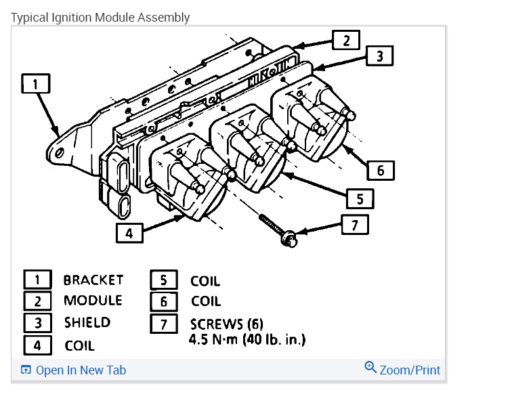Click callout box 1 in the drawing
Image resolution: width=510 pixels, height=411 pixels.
36,83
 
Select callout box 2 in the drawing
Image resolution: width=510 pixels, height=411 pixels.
346,40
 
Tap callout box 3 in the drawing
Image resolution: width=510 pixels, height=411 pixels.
380,56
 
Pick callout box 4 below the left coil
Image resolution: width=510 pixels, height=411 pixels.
129,233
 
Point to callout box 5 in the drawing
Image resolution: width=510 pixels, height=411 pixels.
360,198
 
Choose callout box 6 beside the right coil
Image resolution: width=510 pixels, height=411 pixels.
381,170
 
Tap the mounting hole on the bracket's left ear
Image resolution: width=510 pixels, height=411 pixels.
60,153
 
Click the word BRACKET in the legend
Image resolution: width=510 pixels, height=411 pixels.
93,280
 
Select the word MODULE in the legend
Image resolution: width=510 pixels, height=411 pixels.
93,300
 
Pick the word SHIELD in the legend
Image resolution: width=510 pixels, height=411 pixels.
87,322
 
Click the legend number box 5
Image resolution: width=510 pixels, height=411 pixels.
163,280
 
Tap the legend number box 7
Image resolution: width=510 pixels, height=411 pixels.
163,324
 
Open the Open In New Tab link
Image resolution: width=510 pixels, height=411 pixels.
80,370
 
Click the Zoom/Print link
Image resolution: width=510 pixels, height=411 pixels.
410,370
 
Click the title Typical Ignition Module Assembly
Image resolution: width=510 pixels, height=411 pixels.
100,17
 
